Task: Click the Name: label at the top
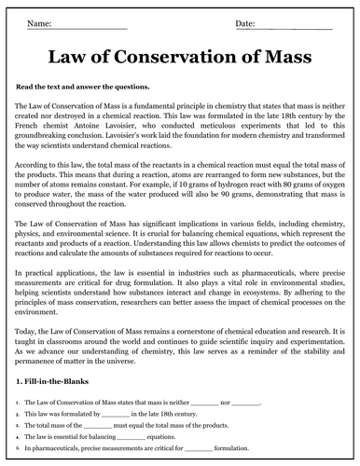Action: [40, 21]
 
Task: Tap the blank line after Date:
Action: [289, 22]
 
